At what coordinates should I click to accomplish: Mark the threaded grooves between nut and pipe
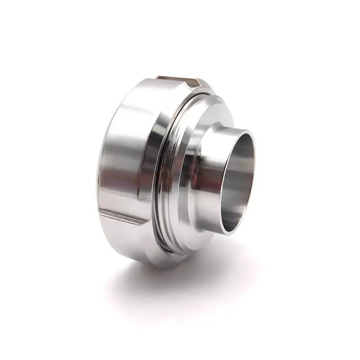tap(166, 180)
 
